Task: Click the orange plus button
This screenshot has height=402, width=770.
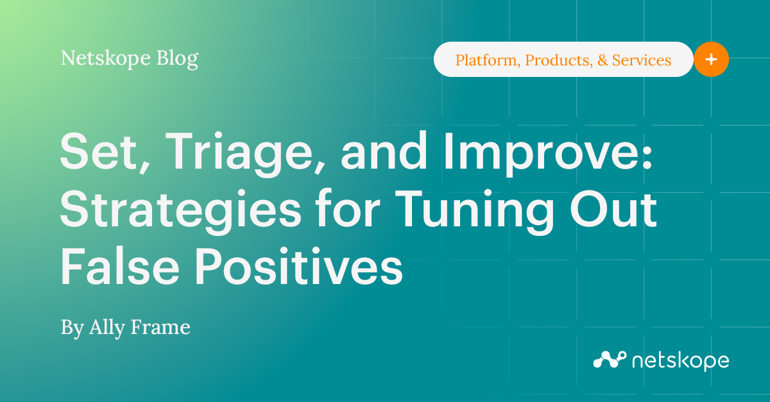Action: coord(711,60)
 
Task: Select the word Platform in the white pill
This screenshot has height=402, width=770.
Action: coord(488,60)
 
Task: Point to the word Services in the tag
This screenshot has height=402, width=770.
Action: coord(642,60)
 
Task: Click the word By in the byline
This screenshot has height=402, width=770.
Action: coord(73,328)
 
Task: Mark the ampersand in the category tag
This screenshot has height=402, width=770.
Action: coord(601,60)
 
